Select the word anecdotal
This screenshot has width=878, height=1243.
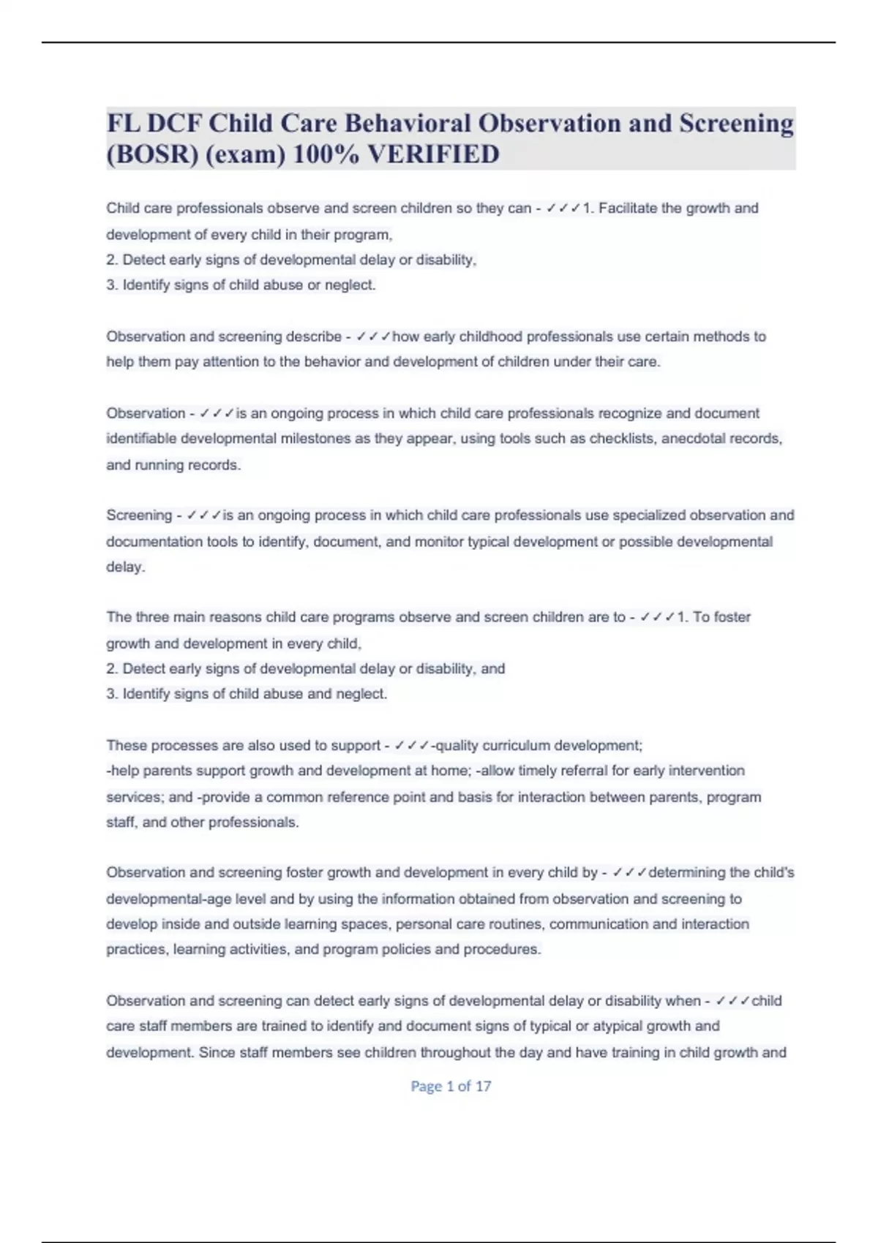pos(692,439)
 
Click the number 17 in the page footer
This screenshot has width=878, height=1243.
pos(483,1087)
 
